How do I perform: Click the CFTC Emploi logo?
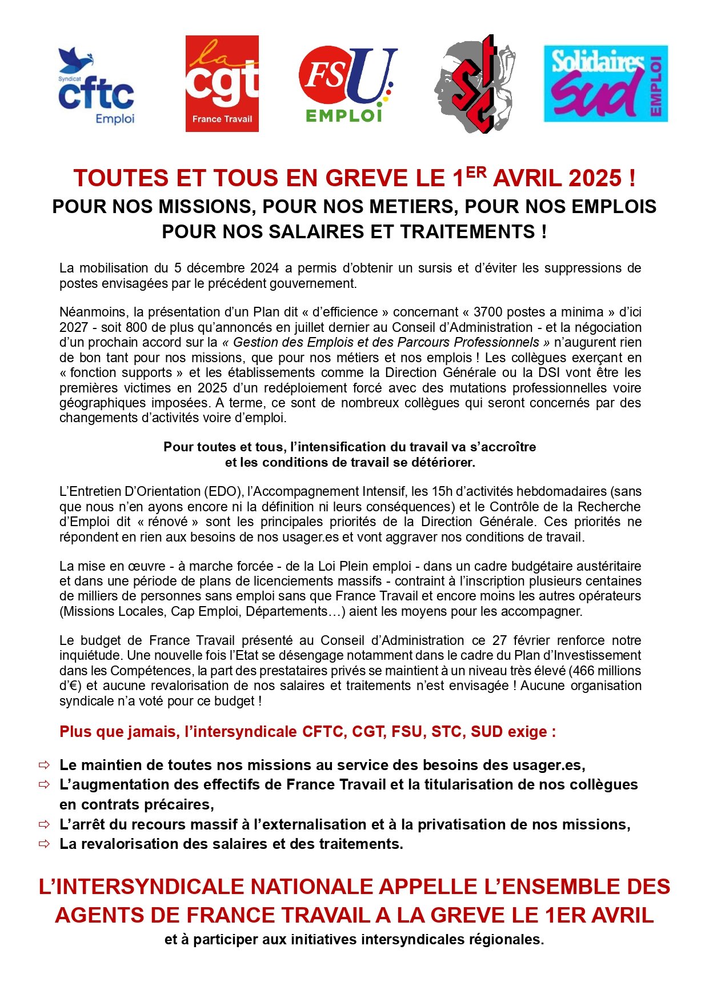coord(96,87)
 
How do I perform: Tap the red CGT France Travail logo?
coord(222,83)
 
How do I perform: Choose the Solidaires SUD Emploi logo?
coord(606,83)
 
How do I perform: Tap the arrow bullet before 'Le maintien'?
coord(44,765)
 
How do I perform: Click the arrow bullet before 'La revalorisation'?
coord(44,844)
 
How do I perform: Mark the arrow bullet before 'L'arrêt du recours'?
coord(44,824)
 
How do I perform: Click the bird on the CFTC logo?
coord(76,59)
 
